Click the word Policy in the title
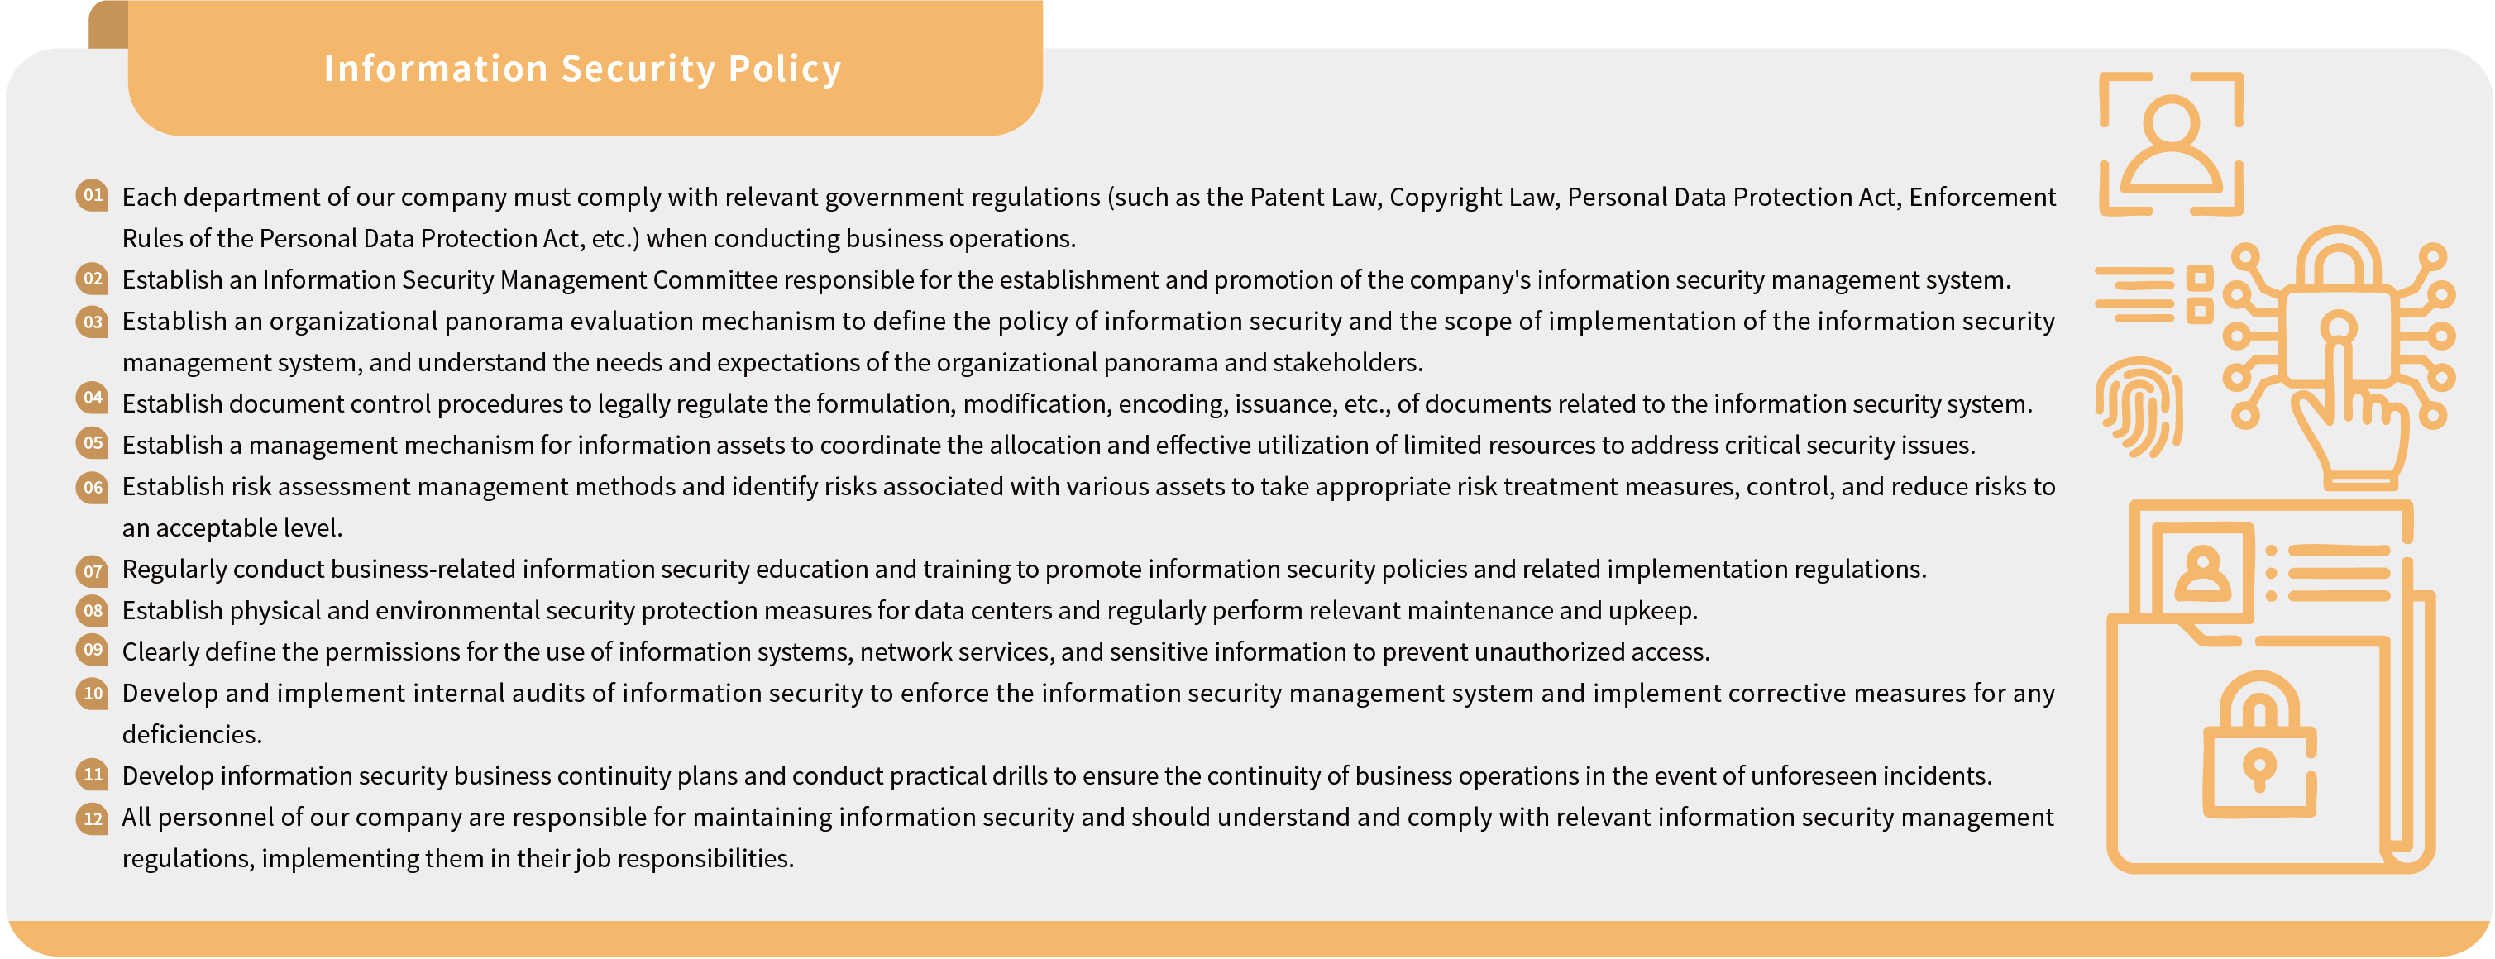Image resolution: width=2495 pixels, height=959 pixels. click(785, 69)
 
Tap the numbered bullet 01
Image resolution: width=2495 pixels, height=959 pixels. click(93, 196)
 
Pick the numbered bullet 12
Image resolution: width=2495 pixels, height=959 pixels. click(93, 819)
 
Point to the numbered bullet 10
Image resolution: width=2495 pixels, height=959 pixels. click(93, 694)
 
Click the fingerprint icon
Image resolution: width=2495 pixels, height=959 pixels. click(2139, 407)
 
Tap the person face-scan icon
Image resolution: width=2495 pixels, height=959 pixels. click(2171, 143)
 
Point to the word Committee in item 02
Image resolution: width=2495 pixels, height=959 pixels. click(715, 280)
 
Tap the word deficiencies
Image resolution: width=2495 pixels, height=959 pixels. click(192, 735)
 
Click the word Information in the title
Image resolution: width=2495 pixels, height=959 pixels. click(436, 69)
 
